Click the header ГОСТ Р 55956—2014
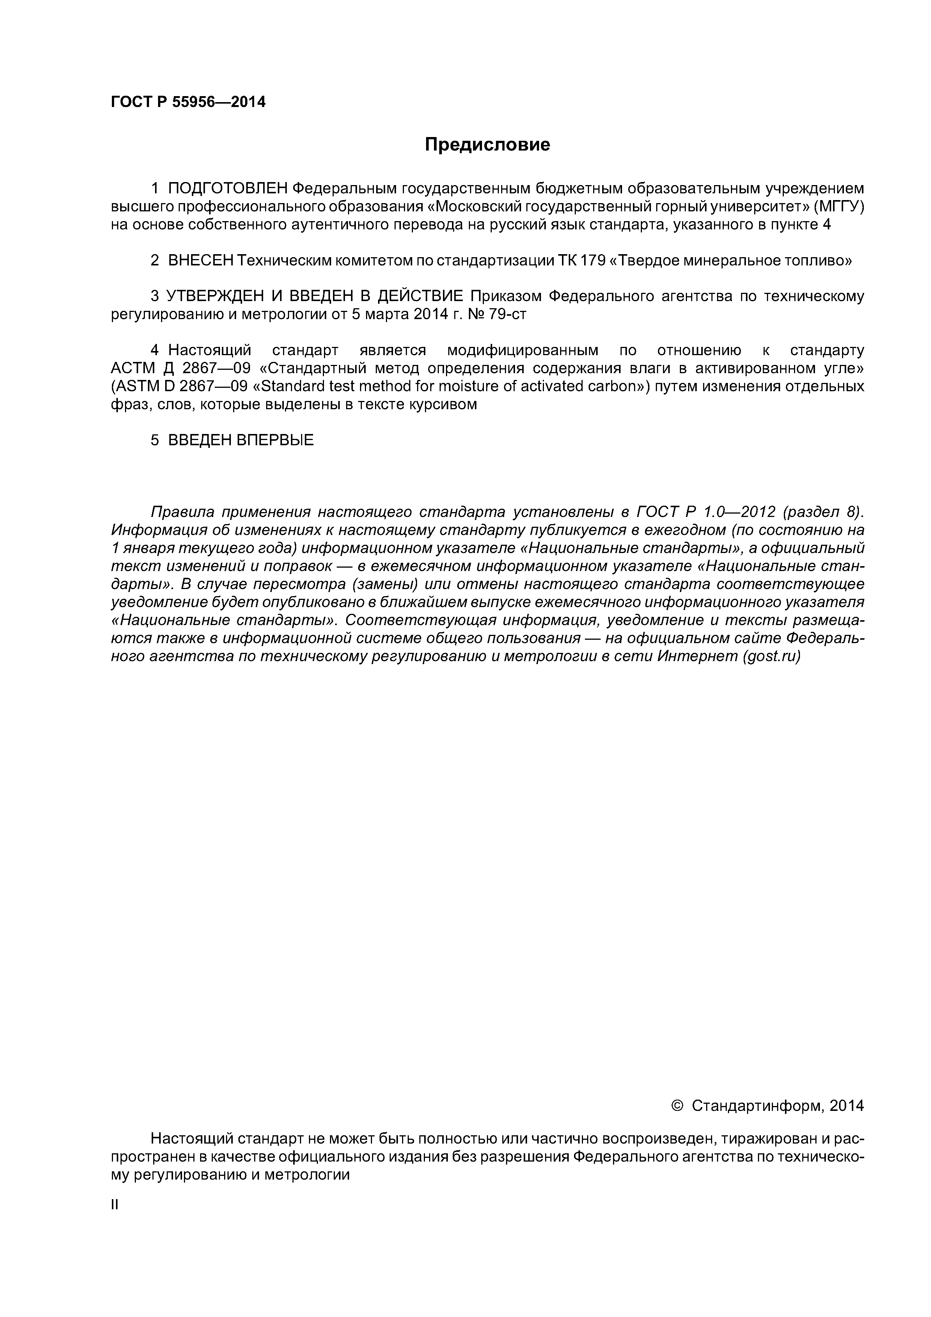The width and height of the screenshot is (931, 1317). [x=188, y=102]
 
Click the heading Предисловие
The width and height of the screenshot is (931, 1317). [x=487, y=145]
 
